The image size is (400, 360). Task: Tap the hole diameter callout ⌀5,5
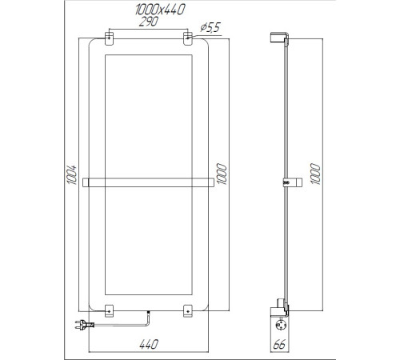click(210, 28)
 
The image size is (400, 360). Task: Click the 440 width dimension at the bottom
click(148, 344)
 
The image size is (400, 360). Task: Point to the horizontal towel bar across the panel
click(148, 181)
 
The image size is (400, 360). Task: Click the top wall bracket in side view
click(280, 37)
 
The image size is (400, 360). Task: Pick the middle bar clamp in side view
click(286, 182)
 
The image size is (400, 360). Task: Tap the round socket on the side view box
click(281, 324)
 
